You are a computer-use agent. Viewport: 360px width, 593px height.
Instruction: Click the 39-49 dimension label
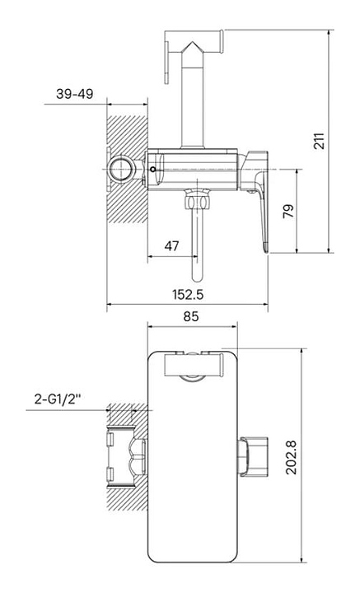[74, 94]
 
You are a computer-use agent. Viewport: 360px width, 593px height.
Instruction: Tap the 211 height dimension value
[320, 141]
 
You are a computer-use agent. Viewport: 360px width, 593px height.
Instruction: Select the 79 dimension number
[288, 211]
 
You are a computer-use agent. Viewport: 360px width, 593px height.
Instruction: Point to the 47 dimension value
[171, 246]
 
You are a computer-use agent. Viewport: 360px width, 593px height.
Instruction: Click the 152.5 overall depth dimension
[188, 294]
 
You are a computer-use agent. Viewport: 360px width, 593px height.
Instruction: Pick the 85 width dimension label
[191, 316]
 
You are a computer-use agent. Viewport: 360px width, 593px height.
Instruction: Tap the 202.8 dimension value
[291, 457]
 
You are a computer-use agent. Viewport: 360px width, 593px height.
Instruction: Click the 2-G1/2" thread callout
[58, 399]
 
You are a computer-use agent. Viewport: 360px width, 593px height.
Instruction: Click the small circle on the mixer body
[152, 169]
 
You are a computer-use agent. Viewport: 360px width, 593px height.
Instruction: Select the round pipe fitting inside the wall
[121, 169]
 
